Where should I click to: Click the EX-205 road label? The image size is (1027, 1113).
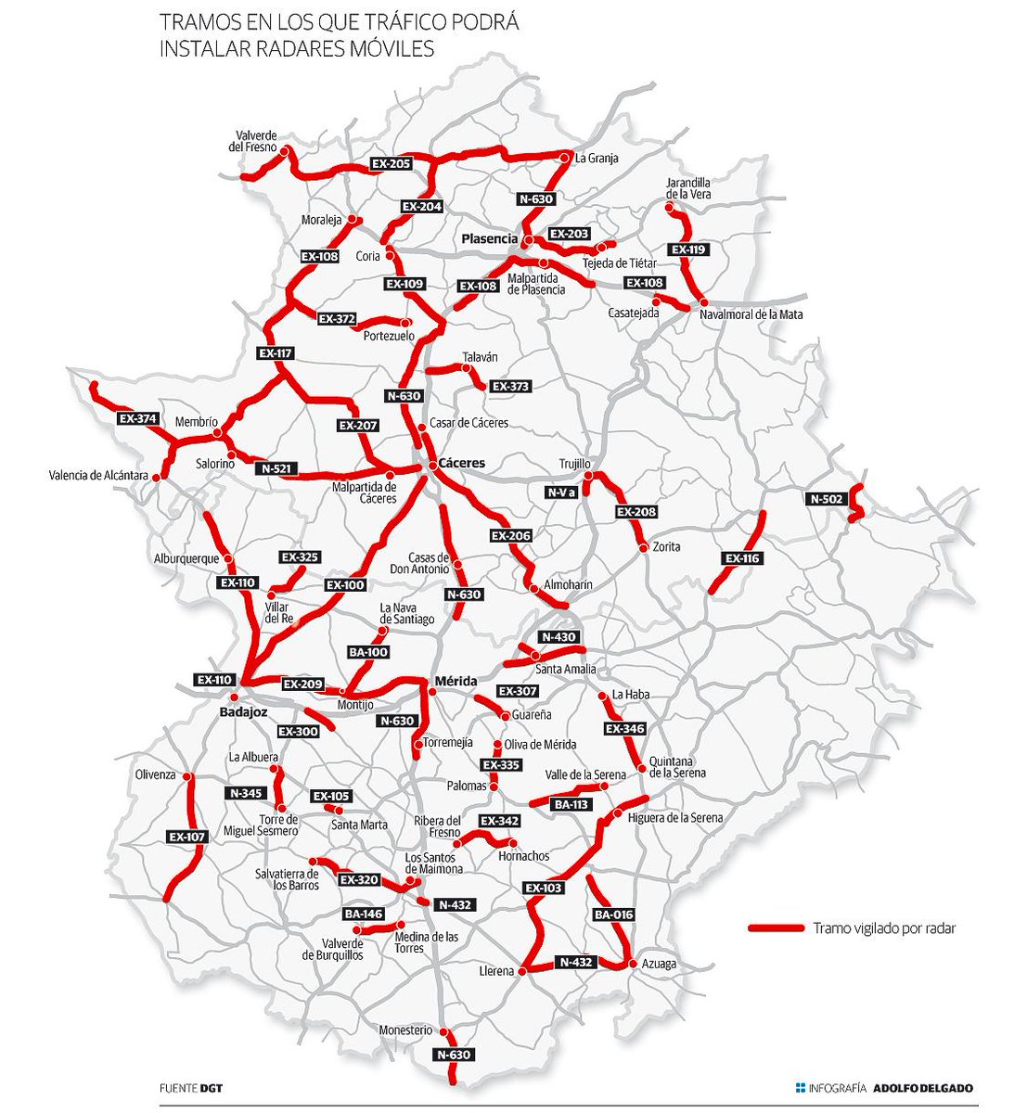click(x=391, y=163)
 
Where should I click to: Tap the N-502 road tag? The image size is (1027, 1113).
click(x=828, y=499)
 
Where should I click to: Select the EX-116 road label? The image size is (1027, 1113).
click(x=742, y=558)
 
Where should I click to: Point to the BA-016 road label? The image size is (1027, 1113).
click(x=613, y=915)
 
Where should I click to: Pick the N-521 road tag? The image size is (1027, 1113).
click(x=276, y=468)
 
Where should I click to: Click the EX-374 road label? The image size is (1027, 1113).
click(x=138, y=418)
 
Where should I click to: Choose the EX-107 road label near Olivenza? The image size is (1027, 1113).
click(x=186, y=837)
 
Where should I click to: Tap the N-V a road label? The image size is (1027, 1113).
click(x=561, y=493)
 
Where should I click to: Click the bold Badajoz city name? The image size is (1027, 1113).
click(x=243, y=712)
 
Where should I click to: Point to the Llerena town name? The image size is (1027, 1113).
click(x=496, y=971)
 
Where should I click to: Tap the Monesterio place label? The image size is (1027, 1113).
click(x=405, y=1030)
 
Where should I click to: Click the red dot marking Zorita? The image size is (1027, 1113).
click(x=643, y=549)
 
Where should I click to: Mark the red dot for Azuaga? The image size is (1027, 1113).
click(x=634, y=965)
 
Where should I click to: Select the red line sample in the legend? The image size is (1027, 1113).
click(x=776, y=927)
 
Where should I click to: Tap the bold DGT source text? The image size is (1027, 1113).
click(x=212, y=1088)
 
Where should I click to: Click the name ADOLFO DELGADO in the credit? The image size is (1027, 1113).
click(x=923, y=1088)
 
